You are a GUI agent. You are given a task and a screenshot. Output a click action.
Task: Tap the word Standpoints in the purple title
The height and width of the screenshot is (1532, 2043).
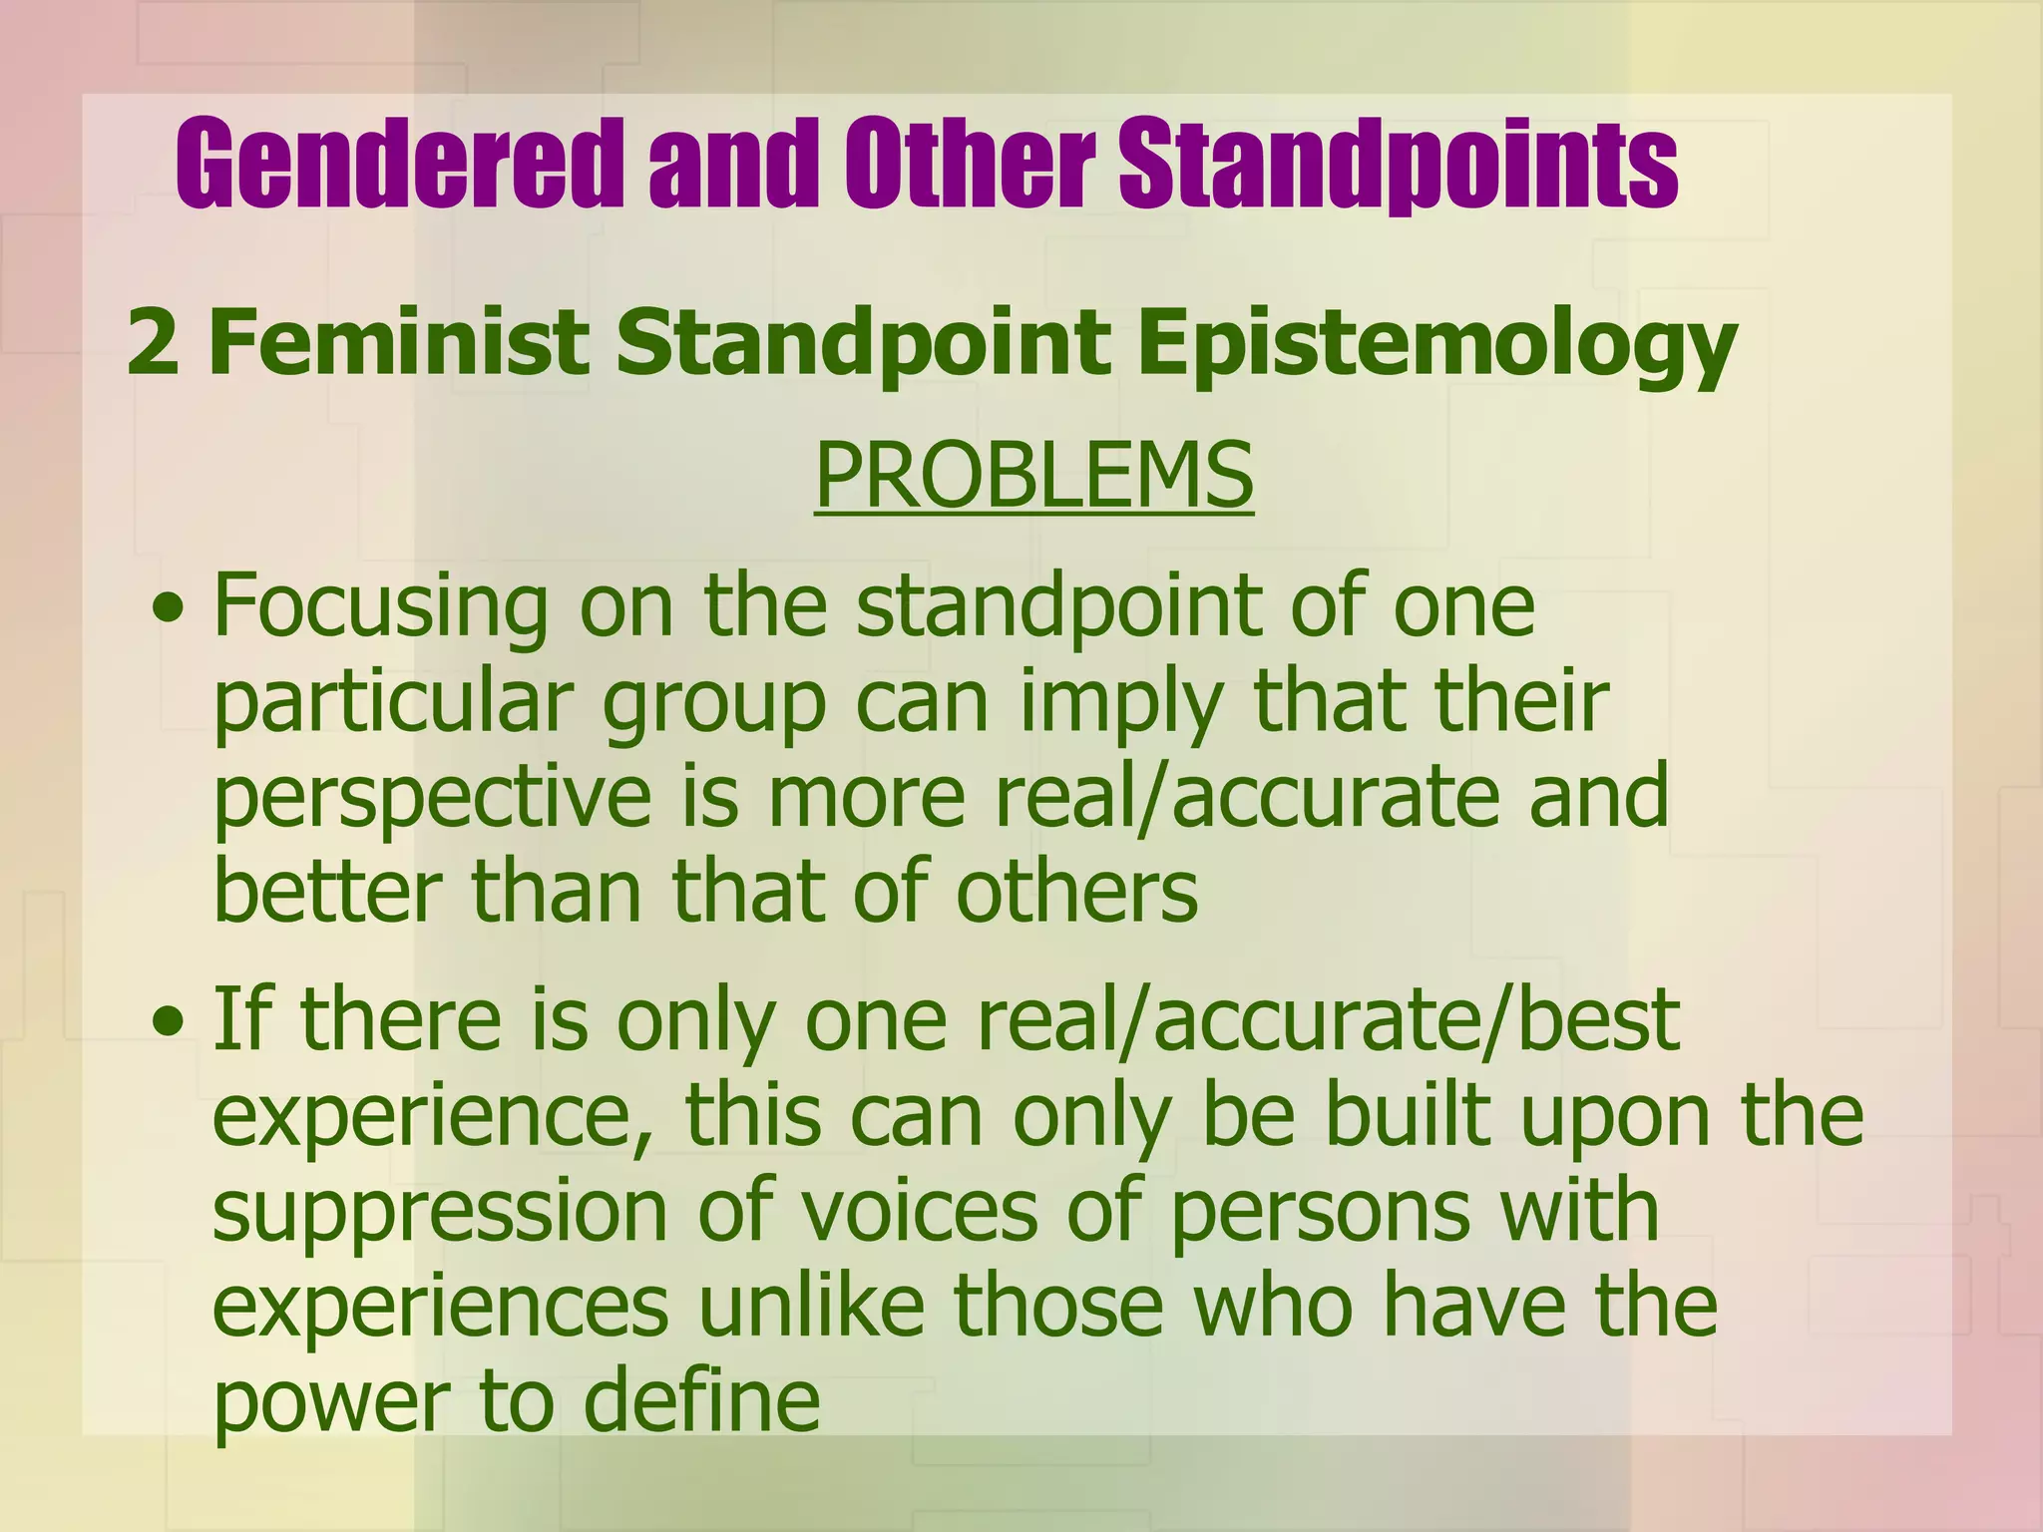point(1398,163)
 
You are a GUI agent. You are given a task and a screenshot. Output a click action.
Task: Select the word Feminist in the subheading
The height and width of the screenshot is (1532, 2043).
point(399,342)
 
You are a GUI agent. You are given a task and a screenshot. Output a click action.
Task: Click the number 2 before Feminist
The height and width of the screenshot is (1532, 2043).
point(154,342)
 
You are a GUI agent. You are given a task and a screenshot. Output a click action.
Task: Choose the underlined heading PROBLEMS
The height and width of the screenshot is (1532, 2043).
point(1033,476)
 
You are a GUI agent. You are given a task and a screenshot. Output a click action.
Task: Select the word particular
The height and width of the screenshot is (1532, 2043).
point(393,702)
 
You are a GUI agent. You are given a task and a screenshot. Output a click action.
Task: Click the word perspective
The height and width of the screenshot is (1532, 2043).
point(432,798)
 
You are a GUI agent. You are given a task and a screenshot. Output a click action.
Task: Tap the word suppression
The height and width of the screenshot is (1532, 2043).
point(439,1211)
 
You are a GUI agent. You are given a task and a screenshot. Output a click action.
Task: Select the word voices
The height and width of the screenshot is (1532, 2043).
point(919,1211)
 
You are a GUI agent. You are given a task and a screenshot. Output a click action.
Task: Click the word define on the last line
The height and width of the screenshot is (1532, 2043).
point(701,1401)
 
